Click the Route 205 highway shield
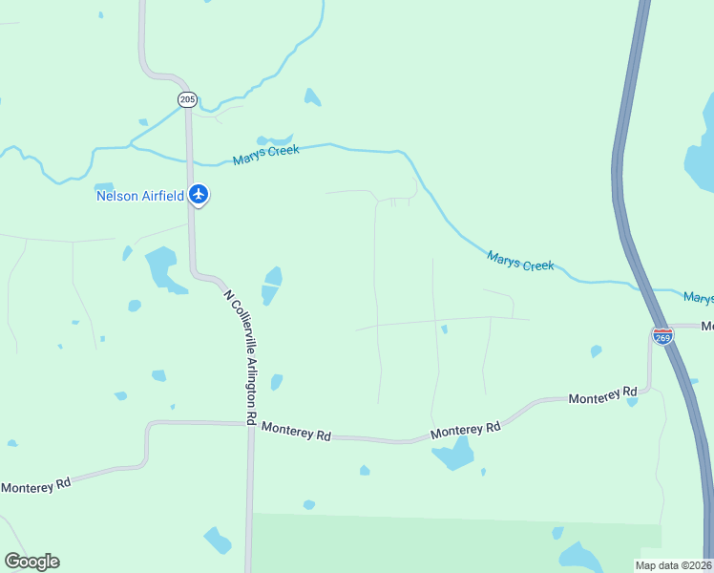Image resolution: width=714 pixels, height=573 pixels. click(187, 99)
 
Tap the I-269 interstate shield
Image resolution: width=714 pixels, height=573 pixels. click(662, 335)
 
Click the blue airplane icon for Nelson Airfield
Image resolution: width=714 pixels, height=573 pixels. click(199, 195)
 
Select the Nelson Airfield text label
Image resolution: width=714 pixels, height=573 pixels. click(140, 196)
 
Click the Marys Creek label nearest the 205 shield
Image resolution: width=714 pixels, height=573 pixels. click(266, 155)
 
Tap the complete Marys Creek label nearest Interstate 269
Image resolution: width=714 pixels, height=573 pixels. click(520, 260)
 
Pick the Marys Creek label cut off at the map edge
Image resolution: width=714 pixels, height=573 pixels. click(698, 298)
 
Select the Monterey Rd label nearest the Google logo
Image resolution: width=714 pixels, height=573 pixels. click(36, 485)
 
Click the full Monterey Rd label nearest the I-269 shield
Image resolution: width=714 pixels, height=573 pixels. click(602, 394)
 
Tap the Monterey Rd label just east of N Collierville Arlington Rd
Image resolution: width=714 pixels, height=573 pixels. click(296, 432)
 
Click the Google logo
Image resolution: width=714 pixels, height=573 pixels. click(31, 562)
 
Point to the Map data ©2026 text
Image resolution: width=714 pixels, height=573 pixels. click(673, 565)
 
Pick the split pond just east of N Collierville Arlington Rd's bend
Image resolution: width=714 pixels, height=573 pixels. click(272, 286)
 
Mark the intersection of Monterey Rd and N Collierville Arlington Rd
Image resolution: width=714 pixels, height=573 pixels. click(250, 424)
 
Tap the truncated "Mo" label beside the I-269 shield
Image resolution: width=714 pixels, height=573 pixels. click(707, 327)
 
